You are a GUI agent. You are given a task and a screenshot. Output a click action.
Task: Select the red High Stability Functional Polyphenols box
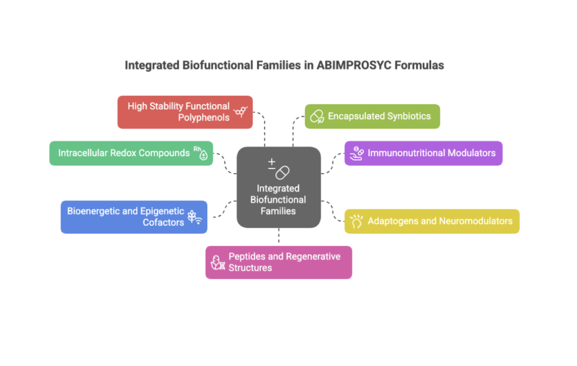pyautogui.click(x=185, y=112)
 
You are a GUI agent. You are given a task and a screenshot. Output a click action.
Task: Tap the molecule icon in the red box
pyautogui.click(x=240, y=112)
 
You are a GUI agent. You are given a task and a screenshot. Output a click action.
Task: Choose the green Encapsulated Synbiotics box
pyautogui.click(x=372, y=116)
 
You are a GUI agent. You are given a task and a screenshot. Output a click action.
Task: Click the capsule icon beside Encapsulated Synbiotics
pyautogui.click(x=317, y=117)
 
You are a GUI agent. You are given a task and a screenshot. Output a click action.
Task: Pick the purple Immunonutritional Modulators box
pyautogui.click(x=423, y=153)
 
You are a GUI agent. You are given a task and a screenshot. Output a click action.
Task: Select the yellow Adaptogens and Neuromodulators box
pyautogui.click(x=432, y=221)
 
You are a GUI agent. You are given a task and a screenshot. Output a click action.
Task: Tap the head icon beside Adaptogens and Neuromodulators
pyautogui.click(x=356, y=221)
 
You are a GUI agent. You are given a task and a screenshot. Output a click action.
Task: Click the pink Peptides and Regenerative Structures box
pyautogui.click(x=278, y=262)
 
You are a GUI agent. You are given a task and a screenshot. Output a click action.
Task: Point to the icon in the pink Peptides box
pyautogui.click(x=218, y=262)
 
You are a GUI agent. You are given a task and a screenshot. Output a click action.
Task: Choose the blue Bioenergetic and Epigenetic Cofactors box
pyautogui.click(x=134, y=217)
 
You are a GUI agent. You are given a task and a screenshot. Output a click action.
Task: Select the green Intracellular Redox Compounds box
pyautogui.click(x=131, y=153)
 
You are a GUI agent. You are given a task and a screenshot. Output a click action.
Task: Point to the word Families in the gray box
pyautogui.click(x=278, y=211)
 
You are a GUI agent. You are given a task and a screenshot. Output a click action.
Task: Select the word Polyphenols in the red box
pyautogui.click(x=203, y=117)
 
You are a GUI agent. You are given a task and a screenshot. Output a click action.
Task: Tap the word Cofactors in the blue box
pyautogui.click(x=163, y=222)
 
